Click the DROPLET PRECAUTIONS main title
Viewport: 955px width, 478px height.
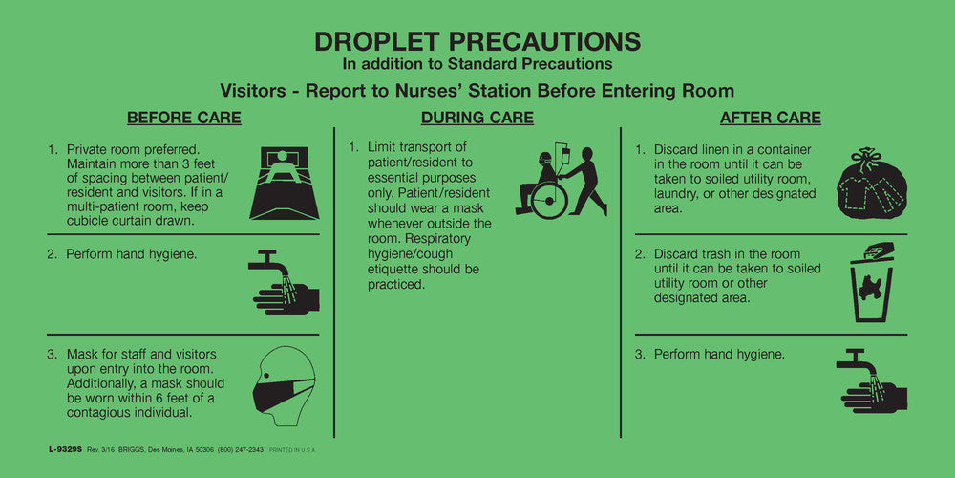click(x=477, y=41)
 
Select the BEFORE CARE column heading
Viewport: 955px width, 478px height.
click(x=184, y=119)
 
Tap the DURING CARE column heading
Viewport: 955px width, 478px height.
click(x=477, y=119)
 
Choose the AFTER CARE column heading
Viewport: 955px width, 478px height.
click(x=770, y=119)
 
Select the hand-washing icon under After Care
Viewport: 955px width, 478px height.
click(x=871, y=379)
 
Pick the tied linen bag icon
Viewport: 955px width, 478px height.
click(x=871, y=185)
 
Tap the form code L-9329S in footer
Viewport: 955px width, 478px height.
click(x=63, y=448)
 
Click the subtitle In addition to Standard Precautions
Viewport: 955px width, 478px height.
click(x=477, y=64)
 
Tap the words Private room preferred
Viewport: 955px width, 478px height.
click(x=133, y=150)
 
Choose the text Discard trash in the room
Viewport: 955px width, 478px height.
click(x=727, y=254)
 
